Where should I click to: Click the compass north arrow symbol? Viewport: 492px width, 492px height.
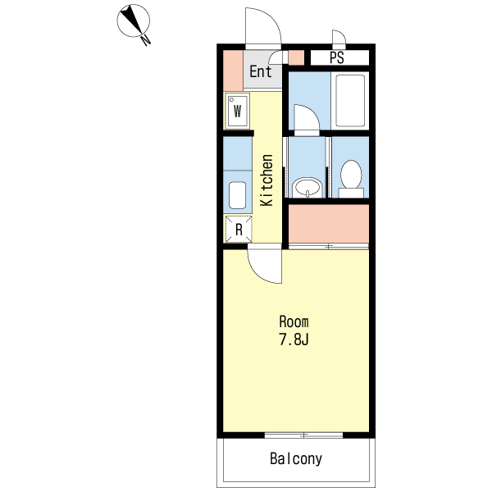134,20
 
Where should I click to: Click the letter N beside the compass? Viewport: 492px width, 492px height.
146,40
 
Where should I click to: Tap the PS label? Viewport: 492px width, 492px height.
337,57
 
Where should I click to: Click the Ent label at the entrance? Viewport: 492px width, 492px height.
260,71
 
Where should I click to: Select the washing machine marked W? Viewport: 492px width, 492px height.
237,111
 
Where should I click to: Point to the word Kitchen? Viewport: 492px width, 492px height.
266,180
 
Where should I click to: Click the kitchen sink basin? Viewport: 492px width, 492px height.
237,195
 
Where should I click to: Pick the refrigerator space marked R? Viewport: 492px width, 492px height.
239,230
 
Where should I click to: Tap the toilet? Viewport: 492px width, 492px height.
351,179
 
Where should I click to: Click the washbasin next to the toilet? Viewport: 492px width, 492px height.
307,187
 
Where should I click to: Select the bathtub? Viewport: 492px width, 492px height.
350,100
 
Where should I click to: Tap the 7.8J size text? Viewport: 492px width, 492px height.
294,339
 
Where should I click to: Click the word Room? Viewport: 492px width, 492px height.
294,322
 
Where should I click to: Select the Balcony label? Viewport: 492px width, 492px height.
296,458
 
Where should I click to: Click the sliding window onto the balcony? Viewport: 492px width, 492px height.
303,435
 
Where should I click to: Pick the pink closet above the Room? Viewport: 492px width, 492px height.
329,223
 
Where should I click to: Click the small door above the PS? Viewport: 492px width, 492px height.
339,37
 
